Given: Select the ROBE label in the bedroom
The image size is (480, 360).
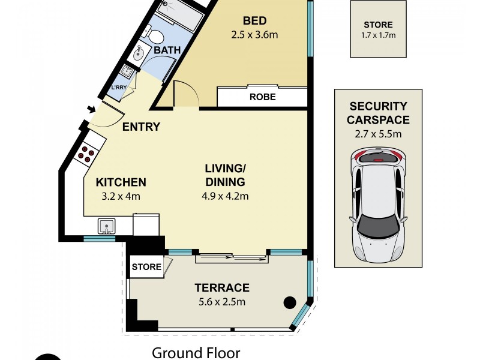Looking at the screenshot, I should (x=262, y=97).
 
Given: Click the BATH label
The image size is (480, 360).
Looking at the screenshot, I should (x=167, y=50).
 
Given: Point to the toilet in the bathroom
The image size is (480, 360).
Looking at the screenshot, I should (x=155, y=36).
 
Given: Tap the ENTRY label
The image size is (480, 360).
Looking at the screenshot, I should (x=141, y=127).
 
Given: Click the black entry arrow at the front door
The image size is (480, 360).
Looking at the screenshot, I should (x=91, y=109).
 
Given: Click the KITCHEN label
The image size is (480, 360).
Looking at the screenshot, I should (x=122, y=182).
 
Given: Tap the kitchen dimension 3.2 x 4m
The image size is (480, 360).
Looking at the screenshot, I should (x=122, y=196).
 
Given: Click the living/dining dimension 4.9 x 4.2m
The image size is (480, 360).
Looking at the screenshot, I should (x=225, y=196).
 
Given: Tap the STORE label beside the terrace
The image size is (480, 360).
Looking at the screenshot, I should (x=146, y=267).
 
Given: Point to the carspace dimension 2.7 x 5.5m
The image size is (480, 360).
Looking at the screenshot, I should (x=379, y=133).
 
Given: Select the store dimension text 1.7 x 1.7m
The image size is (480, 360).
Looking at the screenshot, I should (x=378, y=35).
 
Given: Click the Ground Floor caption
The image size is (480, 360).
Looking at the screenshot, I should (x=196, y=353).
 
